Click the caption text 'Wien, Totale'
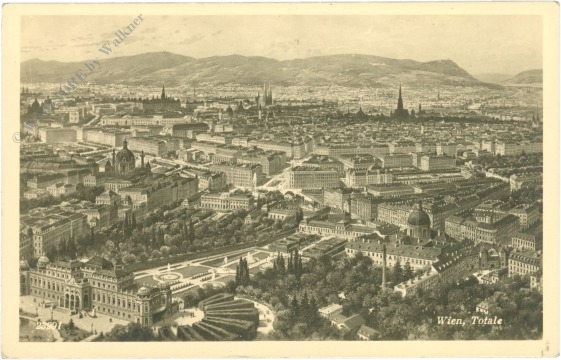click(x=468, y=320)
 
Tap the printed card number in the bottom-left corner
click(x=48, y=324)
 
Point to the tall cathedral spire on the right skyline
click(x=400, y=100)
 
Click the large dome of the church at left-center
click(x=124, y=158)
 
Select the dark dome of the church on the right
click(x=418, y=218)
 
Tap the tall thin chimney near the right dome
click(x=383, y=265)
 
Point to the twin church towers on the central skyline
click(x=266, y=96)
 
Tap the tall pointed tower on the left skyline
click(x=163, y=93)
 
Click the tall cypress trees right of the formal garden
click(x=243, y=270)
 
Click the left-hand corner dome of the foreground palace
click(x=43, y=263)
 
